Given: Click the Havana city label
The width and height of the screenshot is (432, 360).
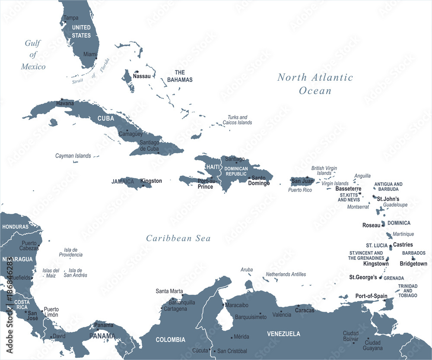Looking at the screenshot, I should click(x=65, y=104).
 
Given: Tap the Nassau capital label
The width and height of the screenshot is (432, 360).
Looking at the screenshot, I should click(x=143, y=76).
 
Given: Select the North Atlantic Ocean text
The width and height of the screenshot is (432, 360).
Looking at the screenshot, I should click(x=315, y=84).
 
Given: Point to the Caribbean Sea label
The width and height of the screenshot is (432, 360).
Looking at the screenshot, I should click(x=178, y=238).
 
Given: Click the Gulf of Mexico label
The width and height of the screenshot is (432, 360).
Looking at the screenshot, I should click(x=34, y=55).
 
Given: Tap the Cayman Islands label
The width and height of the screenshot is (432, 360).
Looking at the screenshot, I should click(x=73, y=156).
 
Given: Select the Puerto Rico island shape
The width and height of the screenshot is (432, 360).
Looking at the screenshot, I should click(x=302, y=181).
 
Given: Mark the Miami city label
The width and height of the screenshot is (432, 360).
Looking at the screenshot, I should click(x=90, y=54).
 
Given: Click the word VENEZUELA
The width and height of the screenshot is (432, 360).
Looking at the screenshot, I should click(x=283, y=334).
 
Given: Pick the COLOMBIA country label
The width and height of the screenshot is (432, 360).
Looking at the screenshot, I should click(x=171, y=340).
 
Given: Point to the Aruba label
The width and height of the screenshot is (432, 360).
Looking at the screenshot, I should click(x=247, y=269).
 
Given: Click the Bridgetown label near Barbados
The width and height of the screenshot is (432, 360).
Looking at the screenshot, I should click(x=413, y=264).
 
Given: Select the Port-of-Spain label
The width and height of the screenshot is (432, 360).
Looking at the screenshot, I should click(x=371, y=296).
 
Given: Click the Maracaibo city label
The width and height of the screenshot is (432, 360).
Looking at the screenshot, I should click(x=237, y=305).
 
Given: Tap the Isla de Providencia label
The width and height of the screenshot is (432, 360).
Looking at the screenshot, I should click(x=71, y=252).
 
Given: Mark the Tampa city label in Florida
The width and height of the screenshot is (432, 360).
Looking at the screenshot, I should click(x=71, y=18).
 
